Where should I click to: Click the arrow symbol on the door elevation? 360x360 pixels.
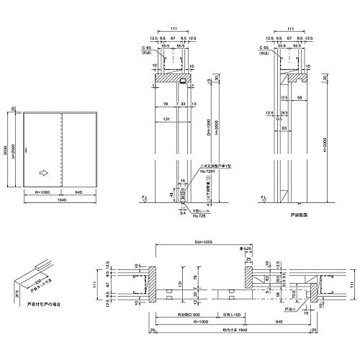(x=45, y=173)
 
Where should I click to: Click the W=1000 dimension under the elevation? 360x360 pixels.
(x=40, y=192)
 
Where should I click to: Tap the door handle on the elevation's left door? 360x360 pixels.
(x=27, y=149)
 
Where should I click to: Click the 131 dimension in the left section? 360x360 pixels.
(x=166, y=120)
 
